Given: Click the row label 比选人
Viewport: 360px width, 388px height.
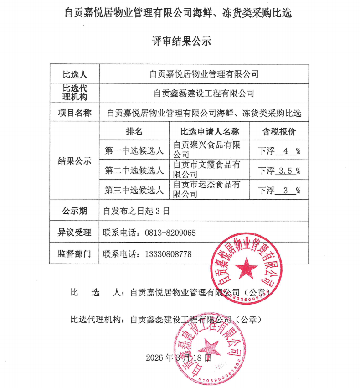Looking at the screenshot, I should (x=74, y=73).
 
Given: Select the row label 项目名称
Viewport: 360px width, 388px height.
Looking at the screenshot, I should (x=74, y=113).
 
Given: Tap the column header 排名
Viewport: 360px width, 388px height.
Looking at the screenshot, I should (x=134, y=132).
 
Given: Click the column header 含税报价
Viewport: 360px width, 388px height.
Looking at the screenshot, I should (x=279, y=132).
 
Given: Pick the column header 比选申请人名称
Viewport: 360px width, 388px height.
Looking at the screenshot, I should (x=210, y=132).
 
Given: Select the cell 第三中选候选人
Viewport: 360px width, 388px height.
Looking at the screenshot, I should (x=134, y=190).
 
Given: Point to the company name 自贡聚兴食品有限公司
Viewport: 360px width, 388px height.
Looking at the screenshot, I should (x=207, y=150).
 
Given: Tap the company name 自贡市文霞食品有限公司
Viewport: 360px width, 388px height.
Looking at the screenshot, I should (x=207, y=170).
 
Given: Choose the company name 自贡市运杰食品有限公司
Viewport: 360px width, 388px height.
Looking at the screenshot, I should (x=207, y=189).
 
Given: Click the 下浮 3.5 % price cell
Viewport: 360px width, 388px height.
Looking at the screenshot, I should (x=279, y=171).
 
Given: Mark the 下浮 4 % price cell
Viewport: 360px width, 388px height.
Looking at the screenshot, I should (x=279, y=151).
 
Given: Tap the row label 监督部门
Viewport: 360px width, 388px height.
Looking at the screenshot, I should (x=74, y=254).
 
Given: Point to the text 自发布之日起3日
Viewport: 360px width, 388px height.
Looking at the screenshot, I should (x=137, y=211).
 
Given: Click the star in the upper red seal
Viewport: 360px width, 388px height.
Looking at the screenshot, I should (x=247, y=268).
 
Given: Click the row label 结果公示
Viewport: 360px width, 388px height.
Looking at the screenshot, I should (x=74, y=161).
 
